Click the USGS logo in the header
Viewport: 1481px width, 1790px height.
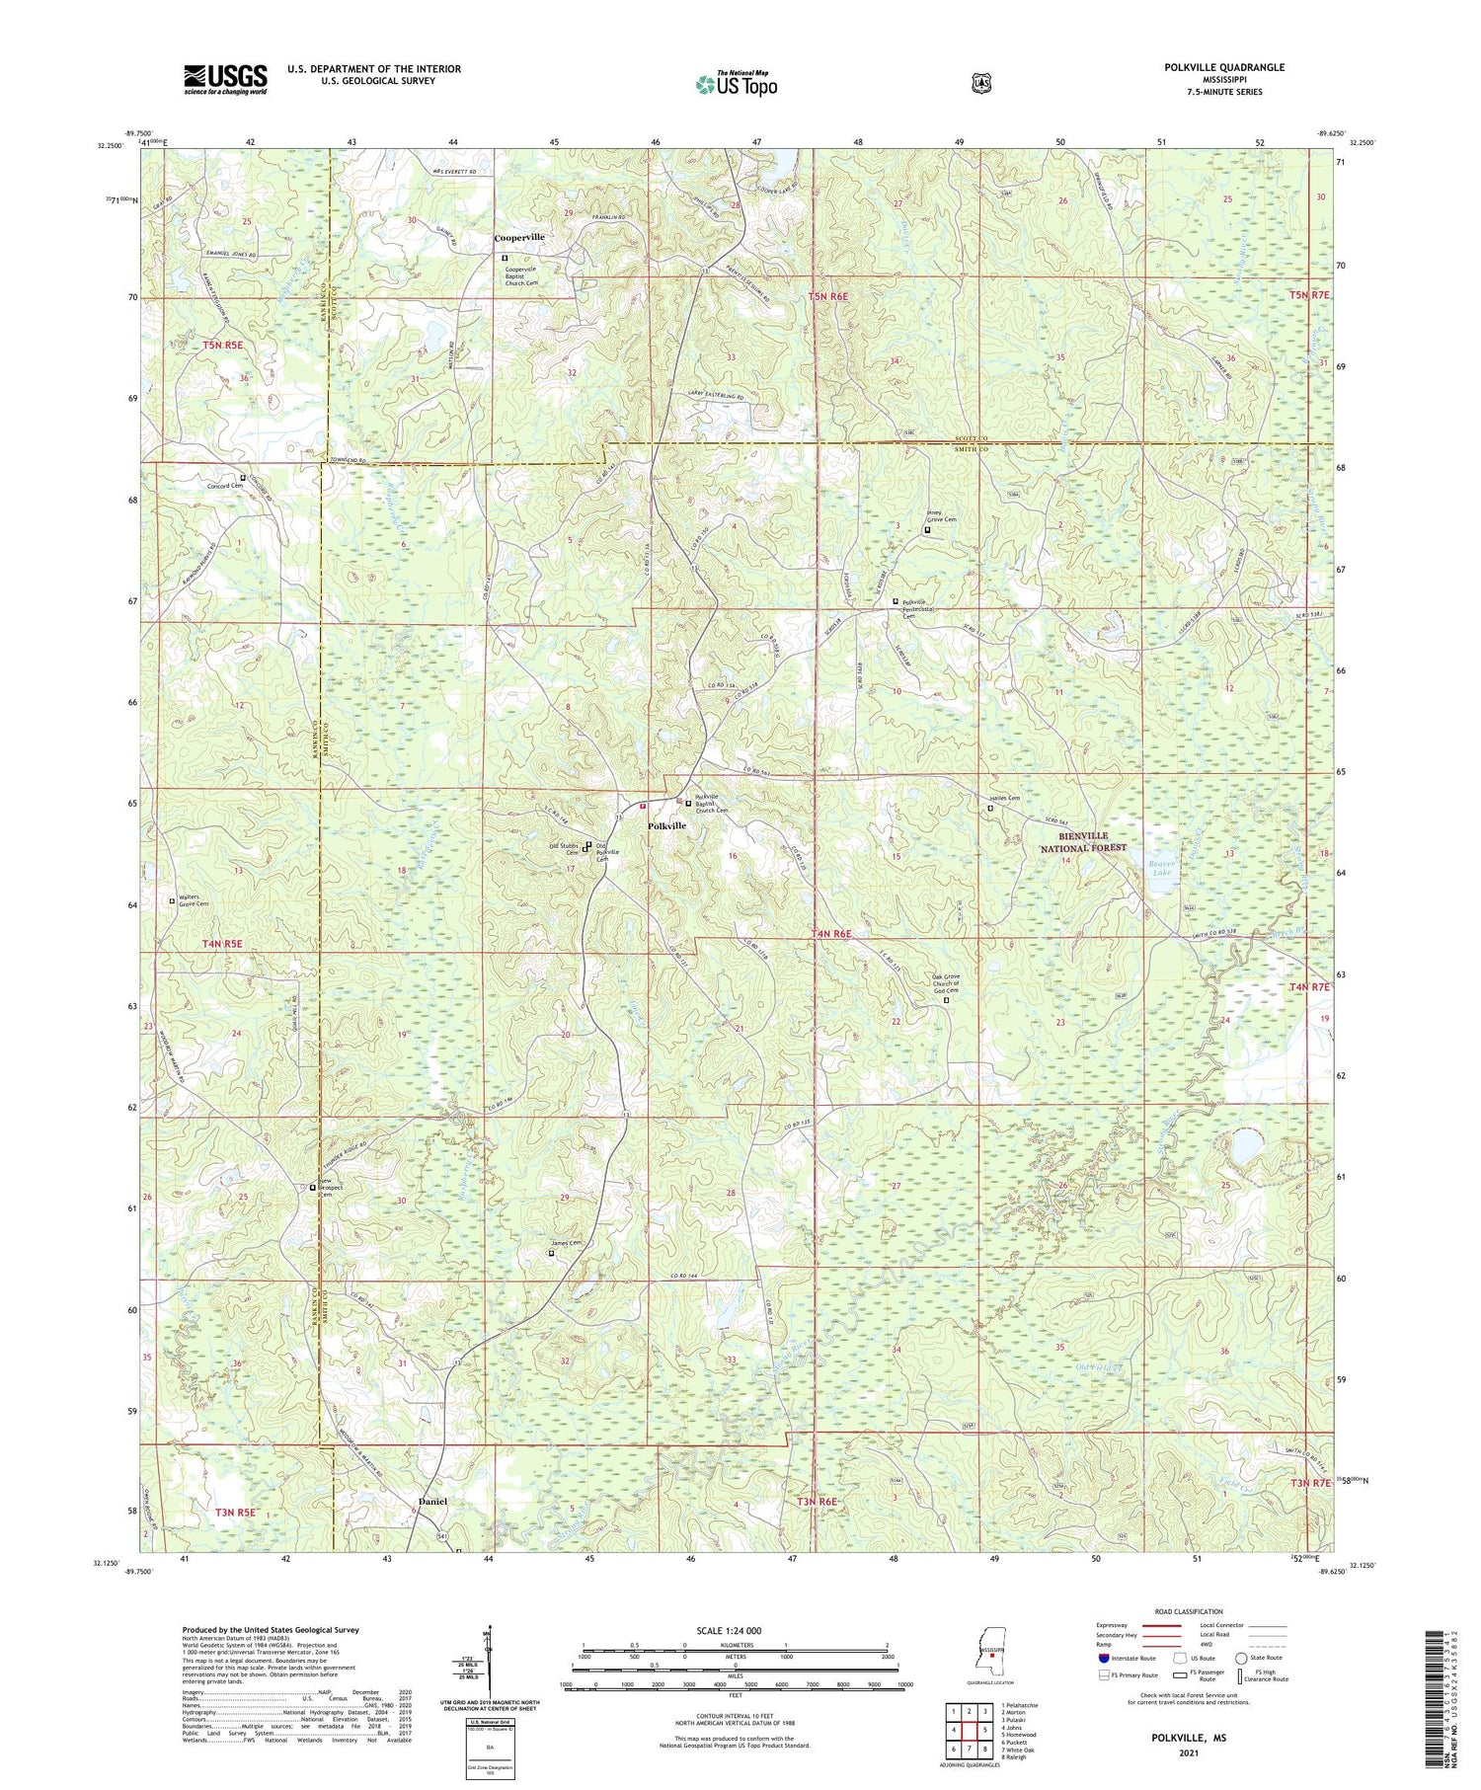coord(225,79)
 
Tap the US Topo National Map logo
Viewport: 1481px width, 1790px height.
coord(736,84)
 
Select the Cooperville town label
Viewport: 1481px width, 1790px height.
coord(519,238)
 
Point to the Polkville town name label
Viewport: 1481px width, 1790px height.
coord(666,825)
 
